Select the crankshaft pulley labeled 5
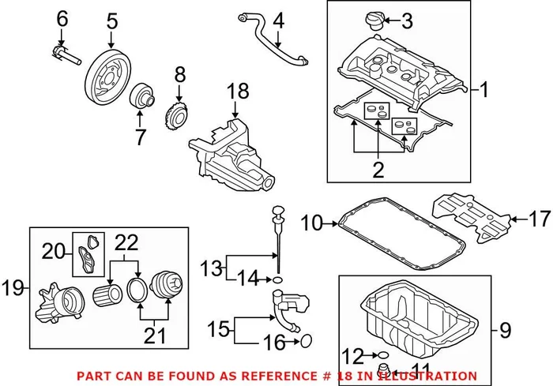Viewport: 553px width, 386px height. pos(108,73)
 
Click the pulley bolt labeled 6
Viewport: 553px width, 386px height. pos(67,54)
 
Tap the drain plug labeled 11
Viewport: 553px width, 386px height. pos(386,370)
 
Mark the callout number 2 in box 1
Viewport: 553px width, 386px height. pos(378,169)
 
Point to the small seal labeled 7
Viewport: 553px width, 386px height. pos(144,98)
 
